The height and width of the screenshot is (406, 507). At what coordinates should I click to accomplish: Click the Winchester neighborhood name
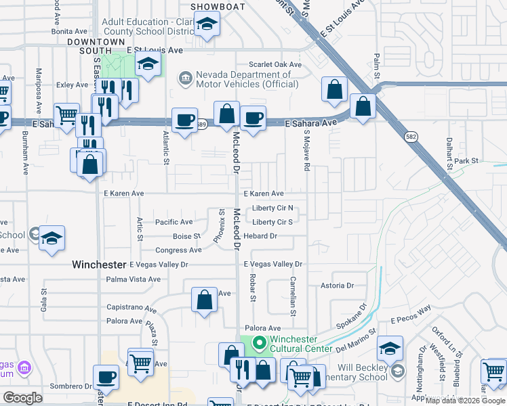100,265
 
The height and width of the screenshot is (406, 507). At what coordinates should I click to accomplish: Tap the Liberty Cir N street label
272,208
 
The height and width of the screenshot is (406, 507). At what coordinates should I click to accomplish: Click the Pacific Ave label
174,222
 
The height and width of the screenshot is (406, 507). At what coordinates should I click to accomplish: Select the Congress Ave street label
179,250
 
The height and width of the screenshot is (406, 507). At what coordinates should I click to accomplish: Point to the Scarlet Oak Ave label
275,65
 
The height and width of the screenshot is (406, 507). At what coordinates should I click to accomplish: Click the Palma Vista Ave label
134,279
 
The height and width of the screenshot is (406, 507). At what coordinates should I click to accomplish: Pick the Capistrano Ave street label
131,307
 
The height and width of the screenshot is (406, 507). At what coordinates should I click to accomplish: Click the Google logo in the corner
22,398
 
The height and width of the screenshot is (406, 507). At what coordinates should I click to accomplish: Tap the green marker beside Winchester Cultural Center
258,344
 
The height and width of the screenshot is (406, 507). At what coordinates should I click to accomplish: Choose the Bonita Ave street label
70,31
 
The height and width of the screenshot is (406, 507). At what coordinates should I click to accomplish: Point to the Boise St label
186,236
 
